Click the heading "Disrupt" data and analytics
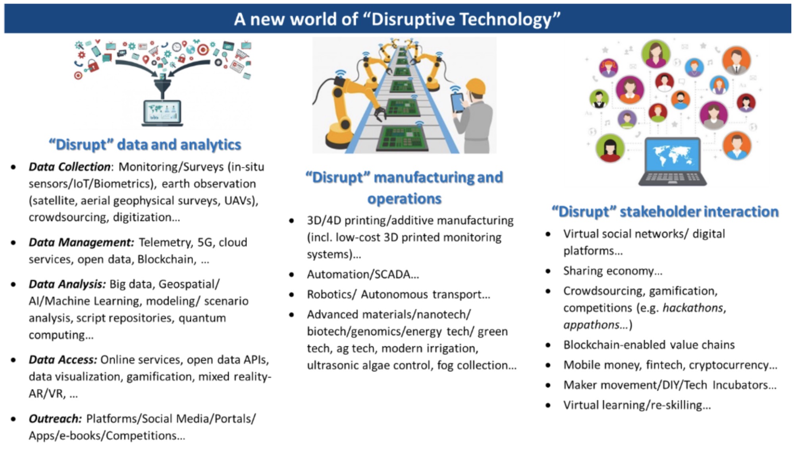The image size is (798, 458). (x=145, y=145)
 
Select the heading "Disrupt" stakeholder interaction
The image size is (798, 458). (x=665, y=212)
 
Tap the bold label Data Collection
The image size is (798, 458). (x=69, y=167)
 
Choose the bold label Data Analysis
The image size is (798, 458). (x=67, y=284)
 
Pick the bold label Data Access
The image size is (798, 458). (x=63, y=360)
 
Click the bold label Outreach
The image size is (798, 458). (x=55, y=419)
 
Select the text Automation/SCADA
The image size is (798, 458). (x=359, y=274)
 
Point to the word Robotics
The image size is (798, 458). (x=332, y=294)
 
